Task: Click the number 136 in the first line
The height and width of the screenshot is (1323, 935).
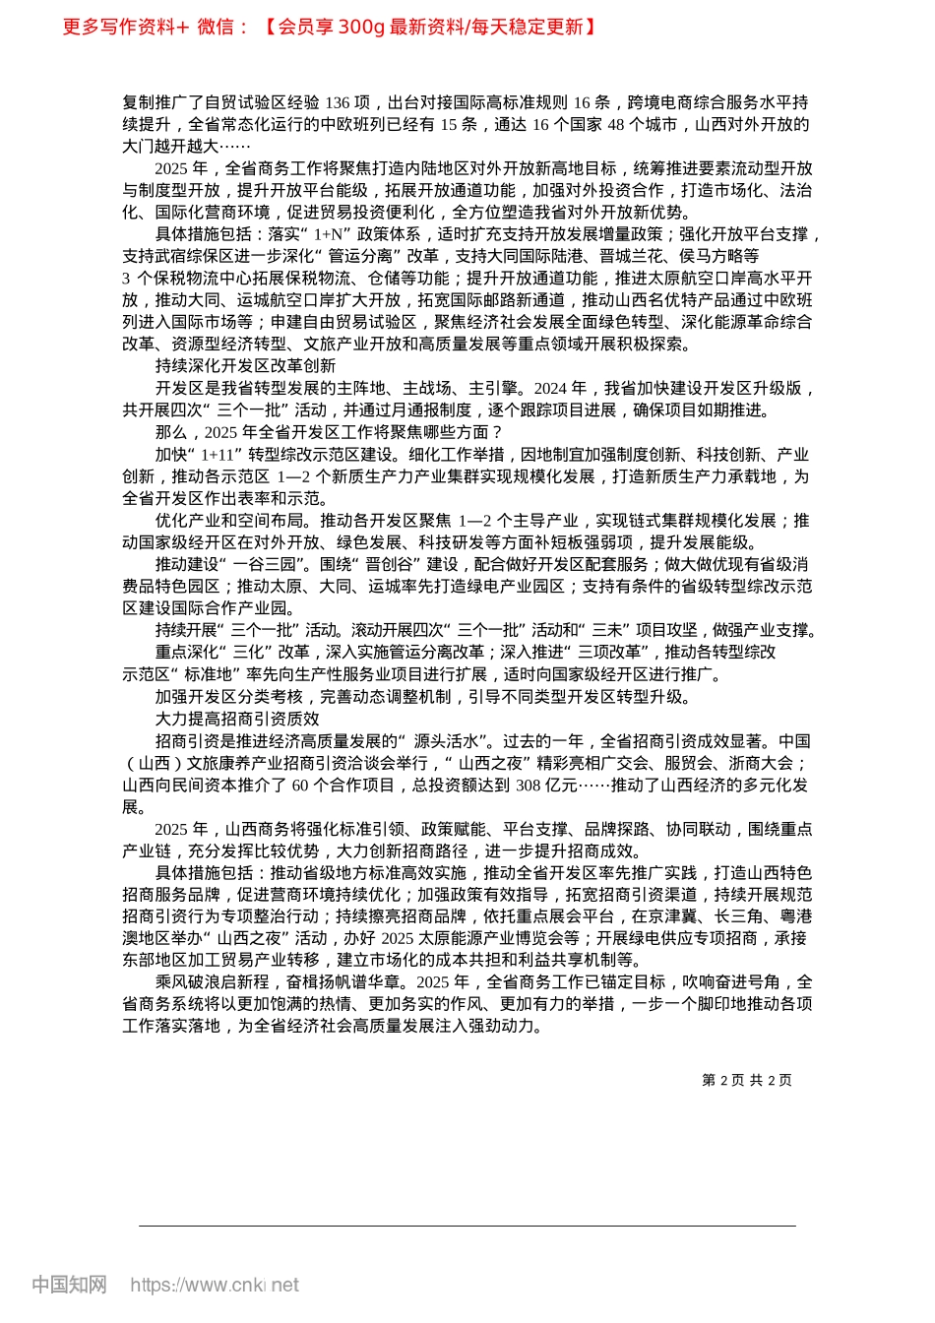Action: (x=338, y=102)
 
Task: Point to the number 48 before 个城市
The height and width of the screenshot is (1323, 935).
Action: (x=616, y=124)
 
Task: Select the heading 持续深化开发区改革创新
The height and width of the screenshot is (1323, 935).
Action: (x=245, y=366)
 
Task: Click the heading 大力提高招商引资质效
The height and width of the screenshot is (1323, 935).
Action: (x=237, y=719)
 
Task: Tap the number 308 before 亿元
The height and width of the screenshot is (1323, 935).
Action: (x=529, y=785)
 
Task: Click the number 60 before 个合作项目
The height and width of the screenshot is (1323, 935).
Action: (x=300, y=785)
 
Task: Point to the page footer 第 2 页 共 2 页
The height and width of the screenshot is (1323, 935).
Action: (x=747, y=1080)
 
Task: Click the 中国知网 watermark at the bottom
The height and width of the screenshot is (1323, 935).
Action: (x=69, y=1285)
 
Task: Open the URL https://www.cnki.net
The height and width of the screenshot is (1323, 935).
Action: (x=215, y=1285)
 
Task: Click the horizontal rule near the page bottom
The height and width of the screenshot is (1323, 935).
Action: (x=467, y=1226)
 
